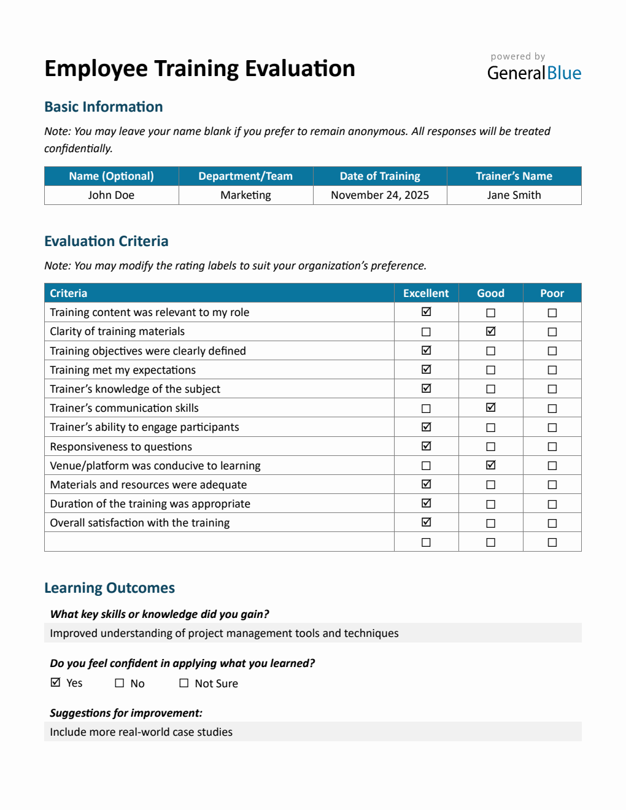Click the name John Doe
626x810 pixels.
111,195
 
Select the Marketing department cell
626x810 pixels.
245,195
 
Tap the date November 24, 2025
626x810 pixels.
379,195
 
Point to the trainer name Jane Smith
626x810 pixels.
514,195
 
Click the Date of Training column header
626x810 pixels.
379,176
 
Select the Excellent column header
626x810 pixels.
426,293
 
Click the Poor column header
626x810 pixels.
552,293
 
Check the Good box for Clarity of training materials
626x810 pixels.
490,331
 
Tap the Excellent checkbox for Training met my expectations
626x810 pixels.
426,370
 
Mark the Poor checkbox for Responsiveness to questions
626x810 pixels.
552,447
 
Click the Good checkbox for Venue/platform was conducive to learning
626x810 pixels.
490,466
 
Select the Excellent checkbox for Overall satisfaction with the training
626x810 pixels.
426,523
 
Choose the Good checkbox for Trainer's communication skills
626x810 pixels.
490,408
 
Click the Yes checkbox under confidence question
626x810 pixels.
56,683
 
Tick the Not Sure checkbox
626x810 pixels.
184,683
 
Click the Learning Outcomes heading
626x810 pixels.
109,588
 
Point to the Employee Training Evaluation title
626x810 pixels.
199,69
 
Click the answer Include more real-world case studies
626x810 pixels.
141,732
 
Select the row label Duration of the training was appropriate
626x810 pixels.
150,504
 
